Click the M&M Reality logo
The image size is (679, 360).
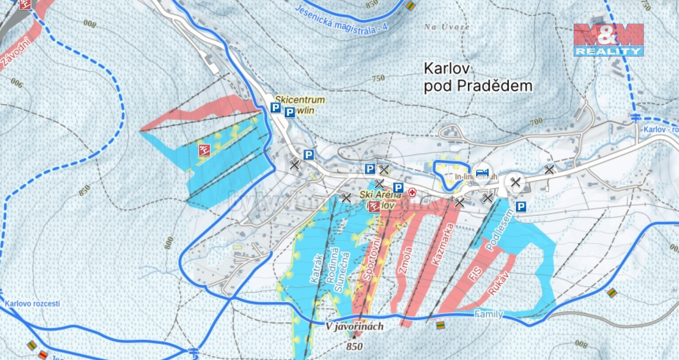click(608, 40)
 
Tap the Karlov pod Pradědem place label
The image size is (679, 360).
click(478, 77)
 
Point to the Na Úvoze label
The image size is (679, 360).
click(446, 26)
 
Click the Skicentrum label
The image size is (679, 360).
click(300, 100)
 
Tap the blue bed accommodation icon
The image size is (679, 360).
click(482, 172)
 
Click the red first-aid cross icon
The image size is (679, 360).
click(413, 192)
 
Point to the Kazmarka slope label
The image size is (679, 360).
click(440, 244)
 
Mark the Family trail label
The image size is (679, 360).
click(488, 314)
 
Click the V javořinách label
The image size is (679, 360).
click(354, 326)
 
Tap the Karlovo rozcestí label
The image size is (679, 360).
click(32, 303)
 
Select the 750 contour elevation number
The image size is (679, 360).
click(378, 79)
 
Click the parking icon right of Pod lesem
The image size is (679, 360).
click(521, 207)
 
